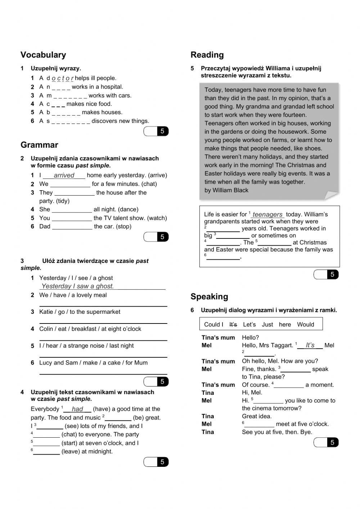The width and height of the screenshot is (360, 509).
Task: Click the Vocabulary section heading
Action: point(43,55)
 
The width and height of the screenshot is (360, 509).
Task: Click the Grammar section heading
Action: point(39,145)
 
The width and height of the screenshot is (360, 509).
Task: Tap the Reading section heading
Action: point(207,55)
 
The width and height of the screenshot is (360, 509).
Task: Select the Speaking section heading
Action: point(209,296)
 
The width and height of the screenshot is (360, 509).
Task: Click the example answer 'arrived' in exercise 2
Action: point(64,175)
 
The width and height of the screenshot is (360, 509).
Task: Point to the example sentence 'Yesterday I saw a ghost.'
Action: point(77,286)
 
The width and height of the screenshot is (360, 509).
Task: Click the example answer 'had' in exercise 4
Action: point(77,409)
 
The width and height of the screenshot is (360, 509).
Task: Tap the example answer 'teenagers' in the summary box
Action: point(267,214)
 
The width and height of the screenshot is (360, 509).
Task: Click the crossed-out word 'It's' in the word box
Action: point(233,325)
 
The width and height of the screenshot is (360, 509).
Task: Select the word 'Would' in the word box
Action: point(305,325)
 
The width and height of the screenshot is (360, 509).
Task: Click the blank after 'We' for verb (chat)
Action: point(70,184)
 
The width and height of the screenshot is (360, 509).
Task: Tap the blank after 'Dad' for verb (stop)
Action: point(72,227)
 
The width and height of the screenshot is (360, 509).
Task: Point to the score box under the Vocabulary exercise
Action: point(156,131)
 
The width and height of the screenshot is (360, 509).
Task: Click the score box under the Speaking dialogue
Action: point(326,442)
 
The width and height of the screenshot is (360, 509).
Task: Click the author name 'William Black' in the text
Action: point(230,190)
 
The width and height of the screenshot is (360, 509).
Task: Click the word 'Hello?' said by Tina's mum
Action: point(250,338)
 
